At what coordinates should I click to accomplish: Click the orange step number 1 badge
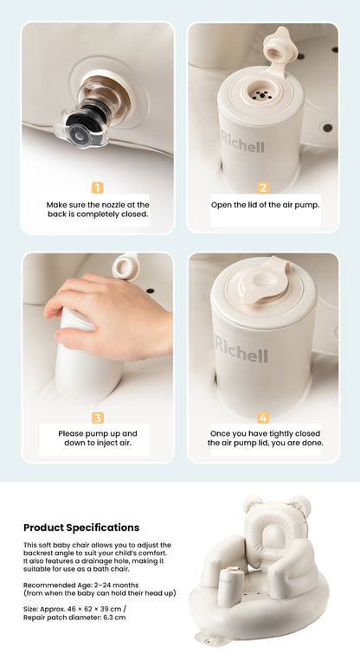(98, 188)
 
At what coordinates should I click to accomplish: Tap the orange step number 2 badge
(263, 188)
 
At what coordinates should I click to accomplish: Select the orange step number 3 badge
(98, 418)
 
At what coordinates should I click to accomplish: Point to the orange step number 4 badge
(263, 418)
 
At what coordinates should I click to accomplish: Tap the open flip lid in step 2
(280, 50)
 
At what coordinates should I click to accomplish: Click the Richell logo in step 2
(243, 143)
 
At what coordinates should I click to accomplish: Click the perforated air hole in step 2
(259, 94)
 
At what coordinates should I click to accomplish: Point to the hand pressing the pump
(108, 315)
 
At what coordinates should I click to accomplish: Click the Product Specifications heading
(81, 528)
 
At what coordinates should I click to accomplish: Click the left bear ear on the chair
(253, 503)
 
